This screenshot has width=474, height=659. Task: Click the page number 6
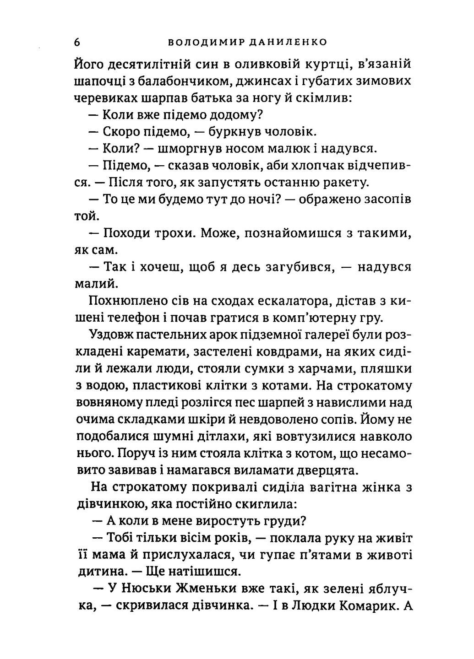(77, 42)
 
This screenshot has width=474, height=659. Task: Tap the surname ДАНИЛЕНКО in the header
(288, 43)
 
